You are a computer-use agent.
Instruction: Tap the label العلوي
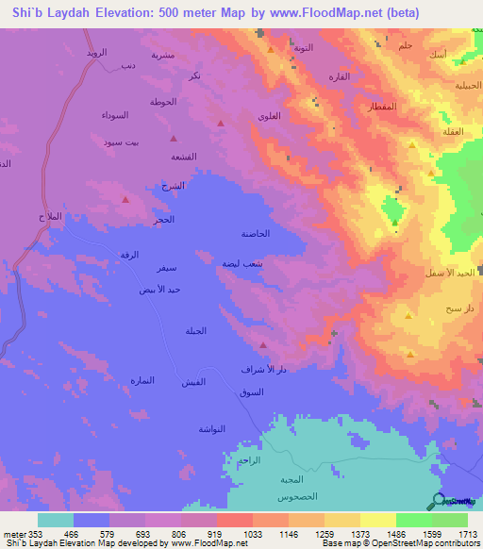tap(268, 116)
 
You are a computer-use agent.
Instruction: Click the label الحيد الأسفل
tap(450, 272)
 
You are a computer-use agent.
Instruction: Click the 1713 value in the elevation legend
tap(467, 533)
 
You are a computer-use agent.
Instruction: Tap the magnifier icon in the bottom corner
tap(440, 502)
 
